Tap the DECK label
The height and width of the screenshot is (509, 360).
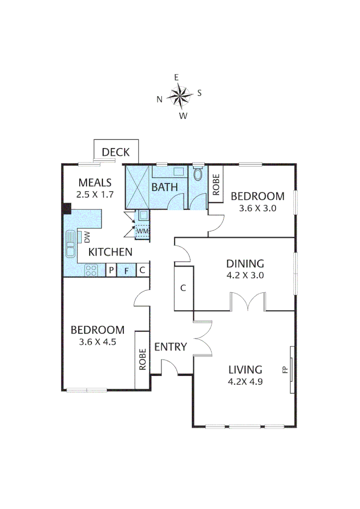pyautogui.click(x=116, y=152)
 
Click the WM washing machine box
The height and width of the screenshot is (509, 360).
pyautogui.click(x=142, y=231)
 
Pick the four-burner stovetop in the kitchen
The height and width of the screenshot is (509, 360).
pyautogui.click(x=91, y=270)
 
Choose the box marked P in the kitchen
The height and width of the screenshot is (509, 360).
pyautogui.click(x=111, y=271)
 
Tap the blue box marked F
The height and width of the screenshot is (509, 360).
pyautogui.click(x=126, y=271)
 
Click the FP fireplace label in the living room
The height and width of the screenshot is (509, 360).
pyautogui.click(x=285, y=369)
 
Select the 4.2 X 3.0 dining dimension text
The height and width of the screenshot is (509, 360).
pyautogui.click(x=245, y=276)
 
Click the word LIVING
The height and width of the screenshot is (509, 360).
pyautogui.click(x=245, y=369)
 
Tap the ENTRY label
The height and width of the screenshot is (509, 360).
pyautogui.click(x=171, y=347)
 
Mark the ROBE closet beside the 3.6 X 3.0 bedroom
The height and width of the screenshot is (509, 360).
pyautogui.click(x=216, y=184)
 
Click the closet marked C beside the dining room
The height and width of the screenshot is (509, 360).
pyautogui.click(x=183, y=288)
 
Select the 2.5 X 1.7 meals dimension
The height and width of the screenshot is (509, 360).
pyautogui.click(x=95, y=194)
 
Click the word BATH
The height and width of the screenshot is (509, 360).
pyautogui.click(x=164, y=187)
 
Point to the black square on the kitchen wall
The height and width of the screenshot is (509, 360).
pyautogui.click(x=67, y=208)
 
